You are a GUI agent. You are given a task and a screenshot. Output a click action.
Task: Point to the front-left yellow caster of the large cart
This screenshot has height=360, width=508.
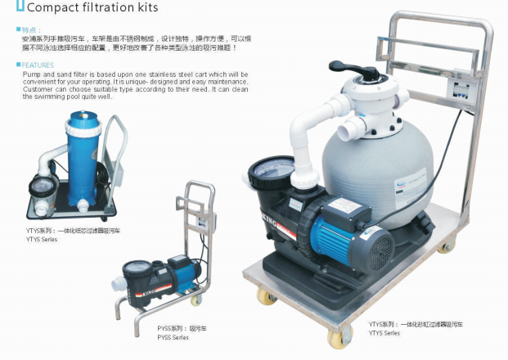(x=267, y=295)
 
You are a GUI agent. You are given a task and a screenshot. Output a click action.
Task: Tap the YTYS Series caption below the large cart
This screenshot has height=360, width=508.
(x=384, y=333)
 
